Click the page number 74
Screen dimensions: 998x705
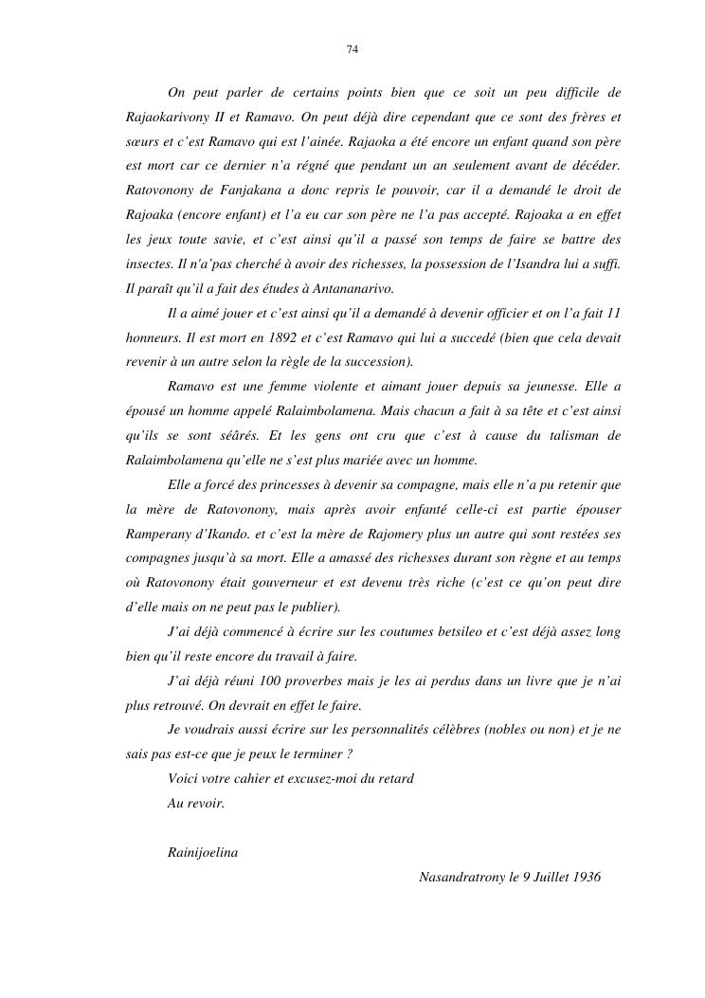tap(352, 49)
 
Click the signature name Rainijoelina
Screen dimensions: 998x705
tap(202, 852)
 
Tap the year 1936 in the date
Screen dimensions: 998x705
tap(583, 877)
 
